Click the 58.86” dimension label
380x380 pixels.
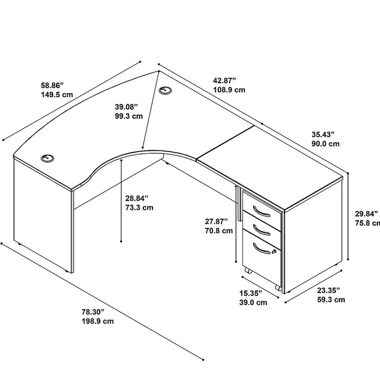click(52, 85)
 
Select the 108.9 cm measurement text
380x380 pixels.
click(229, 90)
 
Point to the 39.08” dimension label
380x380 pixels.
click(126, 107)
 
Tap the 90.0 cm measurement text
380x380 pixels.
click(326, 144)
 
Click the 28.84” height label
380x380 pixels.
click(137, 198)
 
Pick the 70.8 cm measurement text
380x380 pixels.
click(219, 231)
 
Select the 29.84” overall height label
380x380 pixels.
click(366, 214)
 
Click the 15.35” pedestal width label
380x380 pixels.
click(251, 293)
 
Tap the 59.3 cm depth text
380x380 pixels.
click(331, 299)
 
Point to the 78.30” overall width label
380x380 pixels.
click(93, 312)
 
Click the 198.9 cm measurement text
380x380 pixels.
click(98, 321)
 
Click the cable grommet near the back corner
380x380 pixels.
click(165, 91)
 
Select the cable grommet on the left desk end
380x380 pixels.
click(47, 158)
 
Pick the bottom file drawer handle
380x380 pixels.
click(261, 248)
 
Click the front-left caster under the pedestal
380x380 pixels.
click(247, 270)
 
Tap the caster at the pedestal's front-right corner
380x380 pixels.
click(279, 288)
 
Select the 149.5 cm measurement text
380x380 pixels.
click(57, 95)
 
